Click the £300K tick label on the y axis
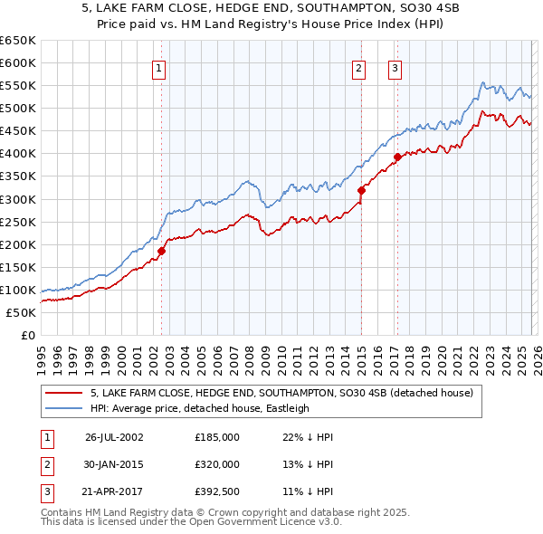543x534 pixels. pos(17,199)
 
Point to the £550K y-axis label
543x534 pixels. pos(17,86)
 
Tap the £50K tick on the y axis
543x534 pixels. pos(21,313)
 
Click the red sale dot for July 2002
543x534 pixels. pos(162,251)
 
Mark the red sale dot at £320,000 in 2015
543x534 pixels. pos(361,190)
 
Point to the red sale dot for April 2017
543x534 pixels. pos(396,157)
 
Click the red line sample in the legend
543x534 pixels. pos(63,394)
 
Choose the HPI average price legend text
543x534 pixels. pos(200,408)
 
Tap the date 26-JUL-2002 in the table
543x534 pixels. pos(114,437)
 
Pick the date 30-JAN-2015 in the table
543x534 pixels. pos(114,463)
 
